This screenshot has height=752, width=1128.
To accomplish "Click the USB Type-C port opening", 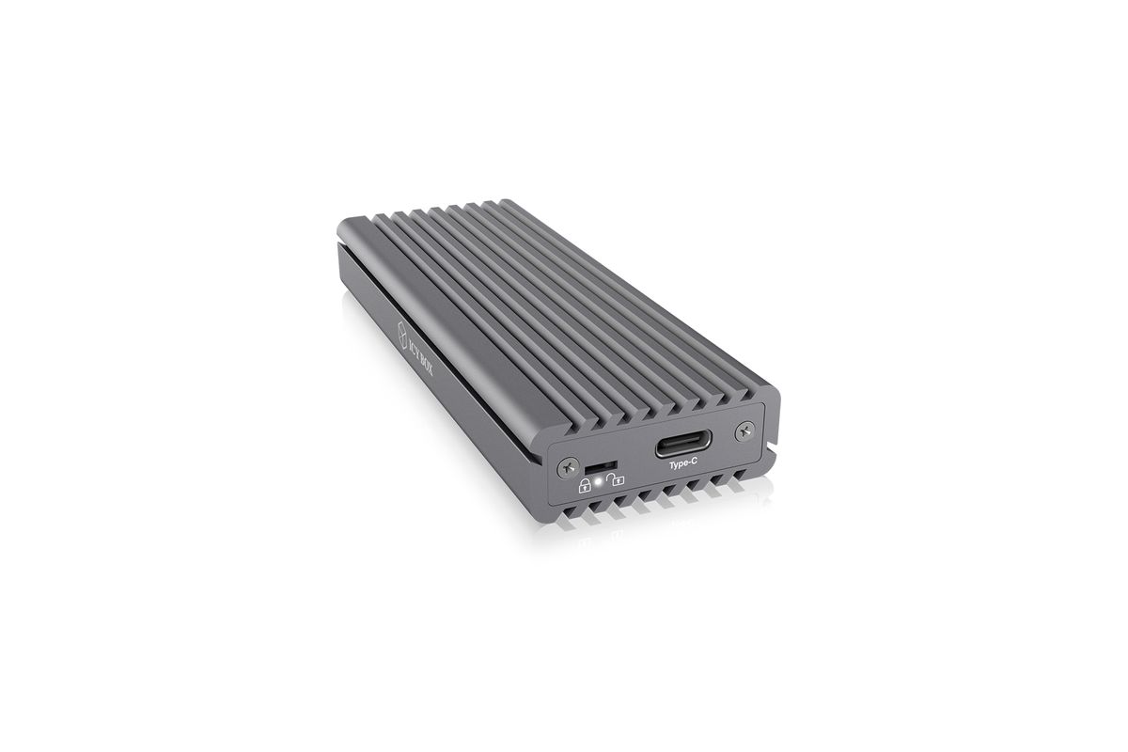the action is coord(682,444).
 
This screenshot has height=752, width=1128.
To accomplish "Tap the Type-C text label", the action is coord(682,464).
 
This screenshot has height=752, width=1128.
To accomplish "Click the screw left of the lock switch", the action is coord(569,468).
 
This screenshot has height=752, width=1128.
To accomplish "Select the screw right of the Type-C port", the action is coord(744,431).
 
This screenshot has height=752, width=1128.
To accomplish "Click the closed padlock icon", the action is coord(585,486).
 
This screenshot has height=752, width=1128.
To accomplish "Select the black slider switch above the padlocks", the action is coord(601,467).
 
